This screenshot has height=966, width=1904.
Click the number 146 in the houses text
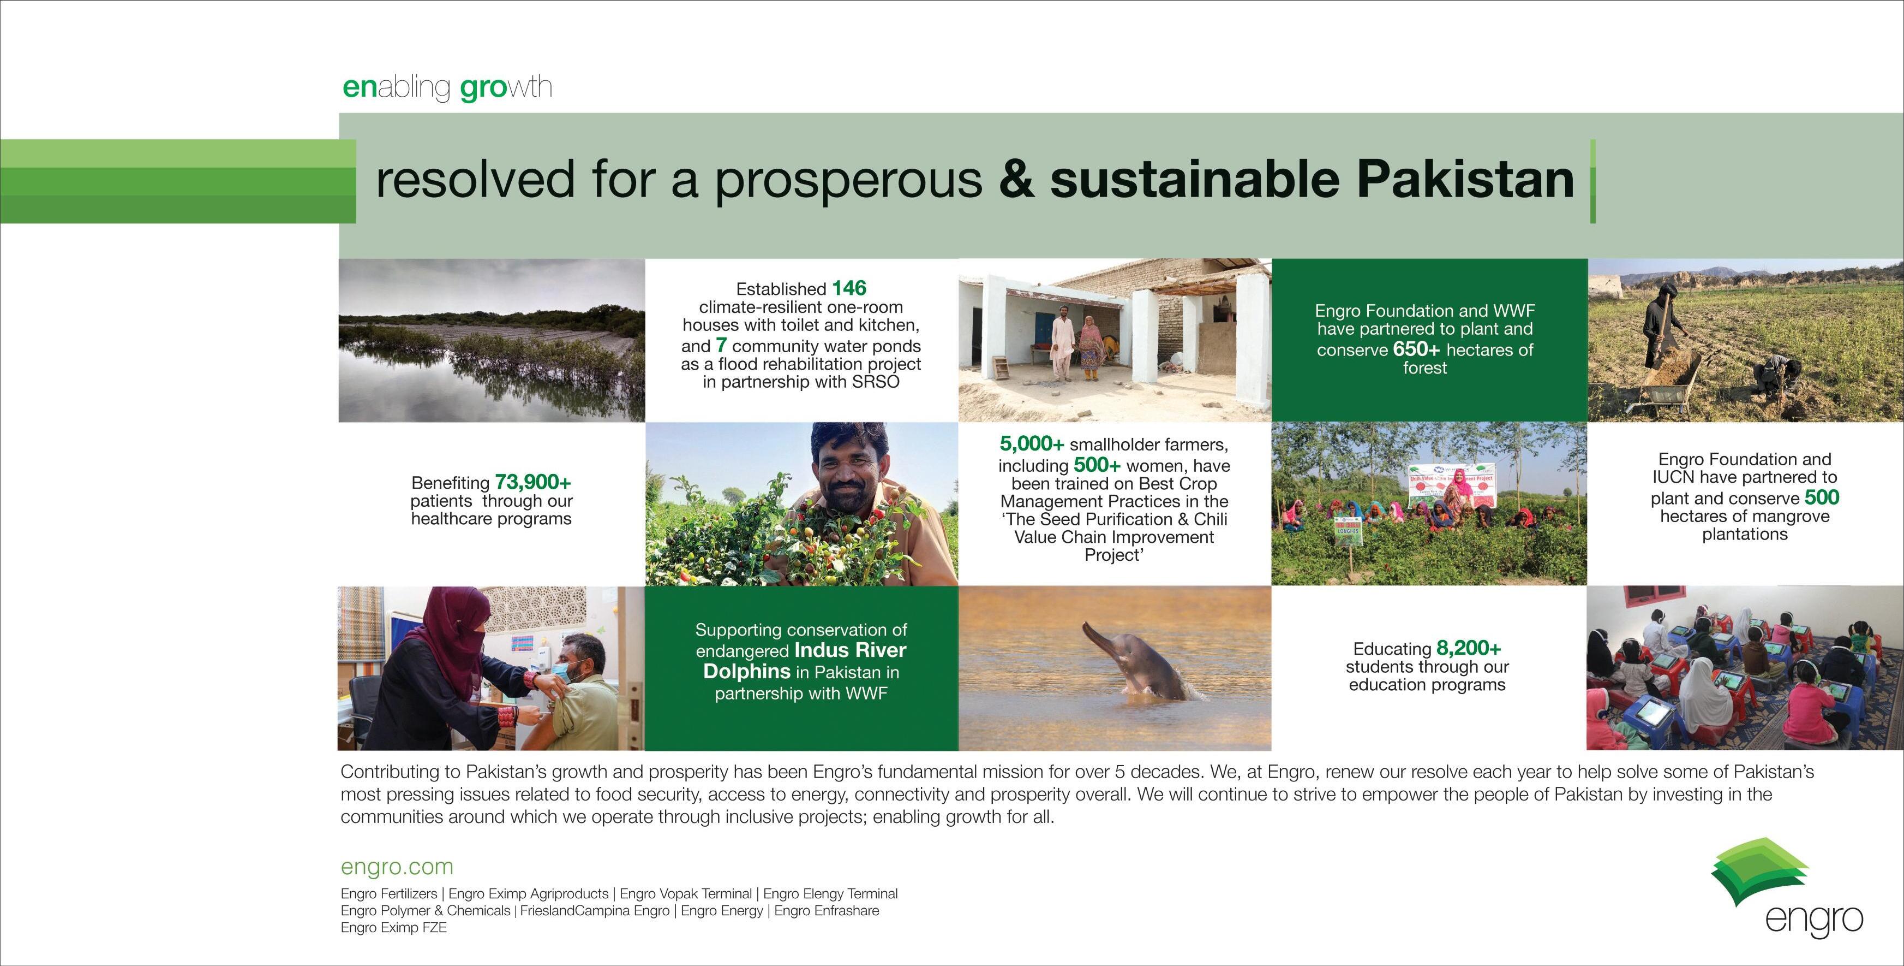848,288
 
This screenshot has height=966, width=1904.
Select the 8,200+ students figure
1469,648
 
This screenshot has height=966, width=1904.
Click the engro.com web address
397,867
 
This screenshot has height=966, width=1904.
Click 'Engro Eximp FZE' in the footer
394,928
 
